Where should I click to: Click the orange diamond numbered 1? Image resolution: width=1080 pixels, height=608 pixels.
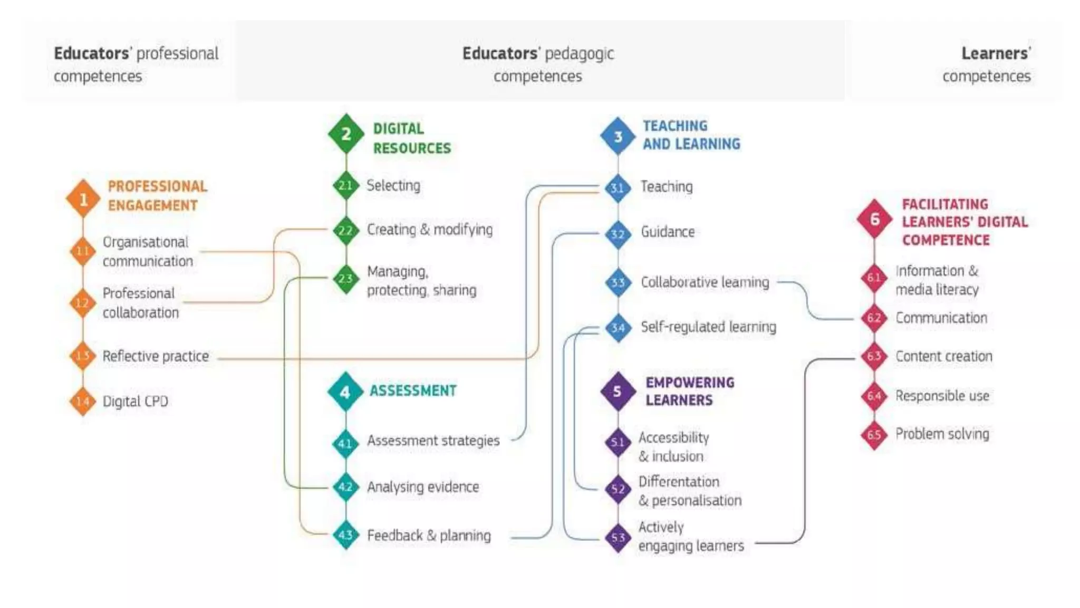click(83, 199)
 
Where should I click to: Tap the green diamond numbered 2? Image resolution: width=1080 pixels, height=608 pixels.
click(346, 134)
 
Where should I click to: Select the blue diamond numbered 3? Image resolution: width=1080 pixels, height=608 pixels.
click(618, 136)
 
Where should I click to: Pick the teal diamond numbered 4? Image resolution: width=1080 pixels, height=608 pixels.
click(345, 392)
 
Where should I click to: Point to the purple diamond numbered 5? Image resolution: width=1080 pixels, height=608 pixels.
click(618, 391)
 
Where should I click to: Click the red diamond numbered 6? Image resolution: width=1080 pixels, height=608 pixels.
click(874, 218)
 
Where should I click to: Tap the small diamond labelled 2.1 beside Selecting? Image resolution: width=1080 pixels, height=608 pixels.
click(345, 185)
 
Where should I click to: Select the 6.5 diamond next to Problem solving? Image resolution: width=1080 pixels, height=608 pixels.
click(874, 434)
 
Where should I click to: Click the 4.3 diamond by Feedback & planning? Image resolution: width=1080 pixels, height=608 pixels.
click(345, 535)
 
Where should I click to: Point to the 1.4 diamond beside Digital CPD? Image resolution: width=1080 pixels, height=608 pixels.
click(83, 402)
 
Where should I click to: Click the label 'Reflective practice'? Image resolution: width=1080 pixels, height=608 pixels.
click(156, 356)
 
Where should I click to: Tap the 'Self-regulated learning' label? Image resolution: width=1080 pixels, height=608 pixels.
click(708, 327)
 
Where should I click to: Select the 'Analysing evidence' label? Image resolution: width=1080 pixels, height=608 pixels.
click(423, 487)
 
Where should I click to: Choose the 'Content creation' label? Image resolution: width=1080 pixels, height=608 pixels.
click(943, 356)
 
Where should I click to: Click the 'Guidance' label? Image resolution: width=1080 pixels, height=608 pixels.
click(668, 232)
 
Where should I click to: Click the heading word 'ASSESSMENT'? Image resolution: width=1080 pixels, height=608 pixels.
click(413, 391)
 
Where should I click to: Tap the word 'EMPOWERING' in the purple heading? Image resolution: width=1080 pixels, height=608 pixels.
click(690, 382)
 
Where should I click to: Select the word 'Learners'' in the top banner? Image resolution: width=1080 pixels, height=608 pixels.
click(996, 53)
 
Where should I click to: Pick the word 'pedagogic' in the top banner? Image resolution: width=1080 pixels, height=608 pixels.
click(579, 54)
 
